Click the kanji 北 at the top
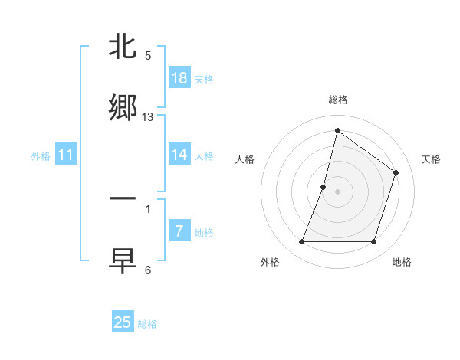[x=123, y=48]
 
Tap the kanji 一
[x=123, y=198]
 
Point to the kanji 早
[x=123, y=259]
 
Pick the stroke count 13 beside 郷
[x=148, y=116]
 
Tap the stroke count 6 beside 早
[x=148, y=270]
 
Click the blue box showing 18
[x=179, y=77]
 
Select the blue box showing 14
[x=179, y=155]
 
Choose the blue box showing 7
[x=179, y=231]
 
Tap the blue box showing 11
[x=66, y=155]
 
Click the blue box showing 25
[x=123, y=322]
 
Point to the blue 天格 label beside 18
[x=204, y=79]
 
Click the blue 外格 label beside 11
[x=41, y=156]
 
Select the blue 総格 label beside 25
[x=147, y=324]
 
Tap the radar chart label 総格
[x=337, y=100]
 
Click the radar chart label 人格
[x=245, y=159]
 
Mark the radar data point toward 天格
[x=396, y=172]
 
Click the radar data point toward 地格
[x=373, y=242]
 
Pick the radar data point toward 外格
[x=301, y=242]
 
